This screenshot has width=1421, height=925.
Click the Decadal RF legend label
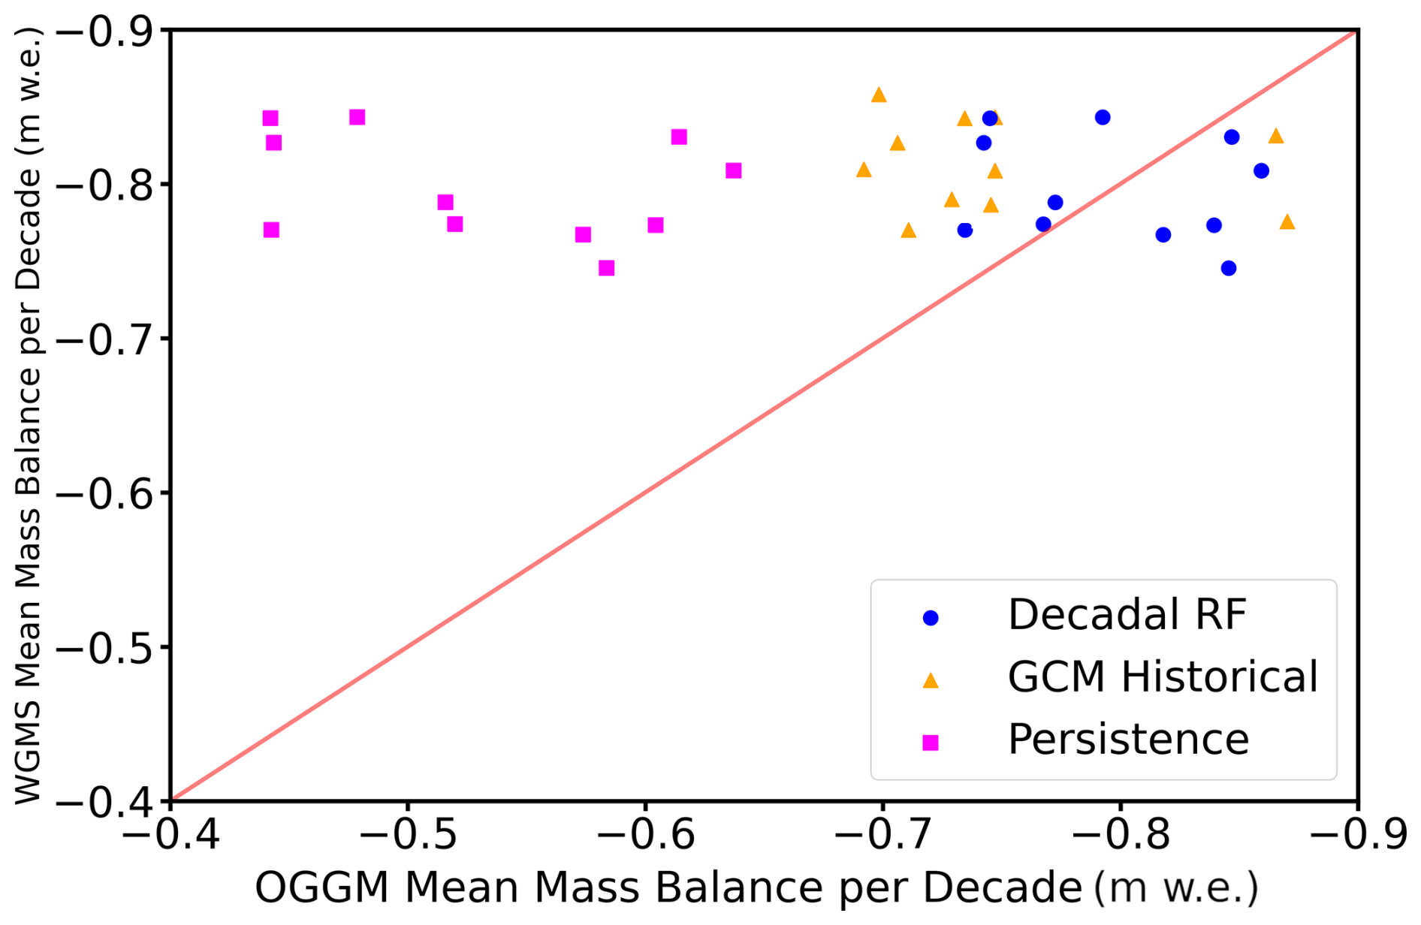1127,615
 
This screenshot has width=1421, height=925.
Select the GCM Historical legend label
1162,676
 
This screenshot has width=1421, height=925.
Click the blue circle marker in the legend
931,618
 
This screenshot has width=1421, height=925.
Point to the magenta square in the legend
931,743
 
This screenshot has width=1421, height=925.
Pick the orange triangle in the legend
931,680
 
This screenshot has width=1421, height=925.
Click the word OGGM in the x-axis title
321,887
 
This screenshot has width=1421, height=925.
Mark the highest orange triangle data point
879,95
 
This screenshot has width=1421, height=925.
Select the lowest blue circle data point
1229,268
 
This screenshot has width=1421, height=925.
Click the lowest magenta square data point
607,268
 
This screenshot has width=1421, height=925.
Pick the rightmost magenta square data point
734,170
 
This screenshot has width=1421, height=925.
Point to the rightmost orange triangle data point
1287,221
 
